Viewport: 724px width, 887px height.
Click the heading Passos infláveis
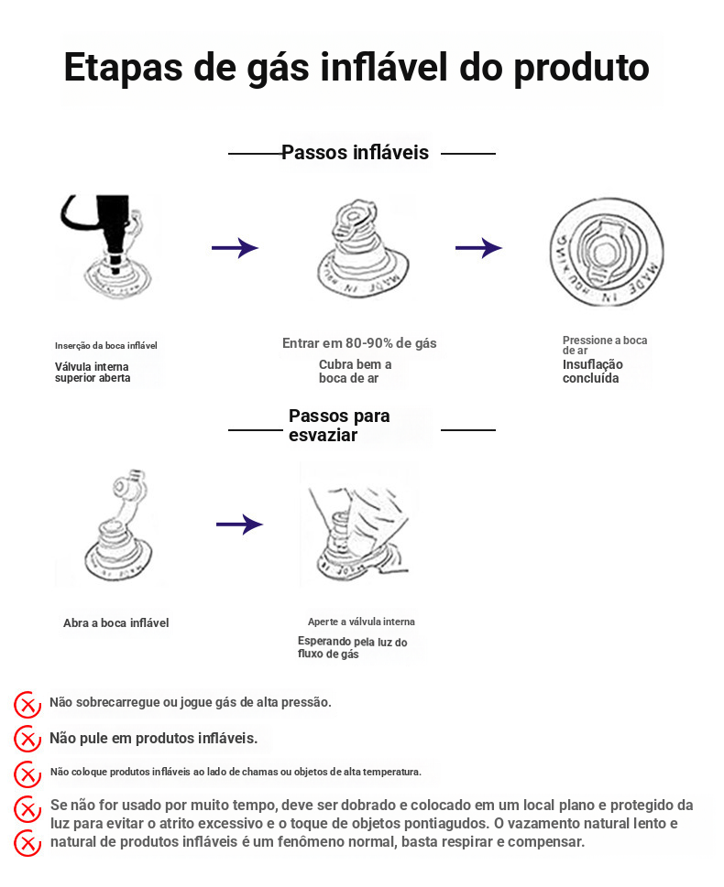click(355, 153)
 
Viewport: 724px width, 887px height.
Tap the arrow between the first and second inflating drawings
click(235, 248)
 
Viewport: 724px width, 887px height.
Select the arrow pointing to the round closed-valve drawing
click(478, 248)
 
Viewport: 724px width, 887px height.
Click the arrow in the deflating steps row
click(239, 525)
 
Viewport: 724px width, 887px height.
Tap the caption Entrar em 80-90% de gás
click(359, 344)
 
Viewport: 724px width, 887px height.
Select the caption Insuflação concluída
click(592, 372)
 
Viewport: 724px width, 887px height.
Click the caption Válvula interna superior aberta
click(93, 373)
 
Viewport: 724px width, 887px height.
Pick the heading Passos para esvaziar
click(339, 426)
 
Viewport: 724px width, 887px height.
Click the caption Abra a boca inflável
click(115, 623)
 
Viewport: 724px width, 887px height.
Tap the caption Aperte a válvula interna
click(361, 622)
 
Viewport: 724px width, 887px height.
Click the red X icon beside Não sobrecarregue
click(27, 705)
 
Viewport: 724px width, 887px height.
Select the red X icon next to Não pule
click(27, 739)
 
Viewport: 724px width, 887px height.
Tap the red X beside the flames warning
click(27, 773)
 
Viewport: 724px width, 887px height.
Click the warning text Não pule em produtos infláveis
click(153, 738)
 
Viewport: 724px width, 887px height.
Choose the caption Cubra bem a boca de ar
click(356, 372)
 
